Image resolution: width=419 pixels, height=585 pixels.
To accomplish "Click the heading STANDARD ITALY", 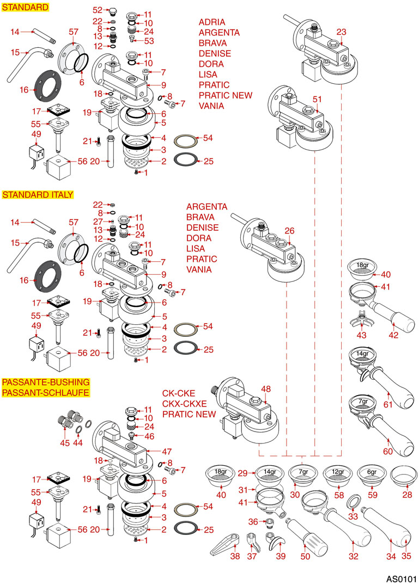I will coord(38,194).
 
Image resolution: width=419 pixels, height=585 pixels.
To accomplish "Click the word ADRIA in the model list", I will coord(212,22).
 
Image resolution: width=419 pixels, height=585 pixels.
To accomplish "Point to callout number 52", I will coord(98,10).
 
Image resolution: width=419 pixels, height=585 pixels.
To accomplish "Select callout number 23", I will coord(342,32).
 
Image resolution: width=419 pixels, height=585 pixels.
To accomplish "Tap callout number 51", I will coord(318,98).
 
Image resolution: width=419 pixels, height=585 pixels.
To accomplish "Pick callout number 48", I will coord(266,389).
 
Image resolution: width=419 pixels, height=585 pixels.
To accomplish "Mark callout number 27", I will coord(98,221).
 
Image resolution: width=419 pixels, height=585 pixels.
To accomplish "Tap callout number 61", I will coord(387,404).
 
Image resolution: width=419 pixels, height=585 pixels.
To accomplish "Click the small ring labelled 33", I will coord(353,500).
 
